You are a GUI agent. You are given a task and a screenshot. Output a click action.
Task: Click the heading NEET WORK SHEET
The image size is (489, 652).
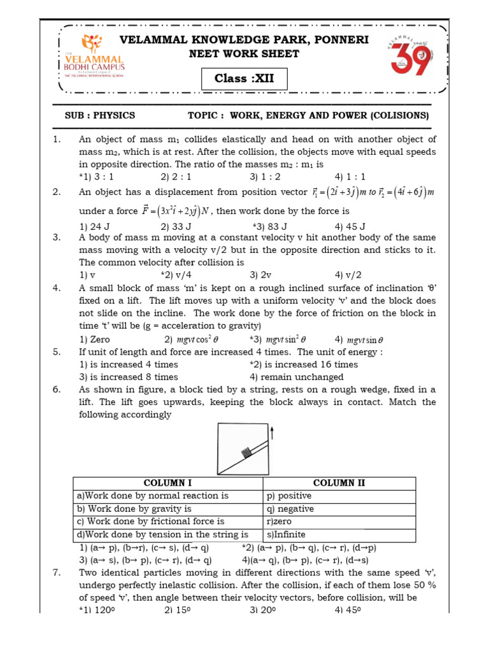pyautogui.click(x=244, y=53)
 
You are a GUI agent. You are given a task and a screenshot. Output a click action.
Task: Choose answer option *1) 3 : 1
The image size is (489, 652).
pyautogui.click(x=96, y=176)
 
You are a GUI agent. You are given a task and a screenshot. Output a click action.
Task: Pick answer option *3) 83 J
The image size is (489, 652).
pyautogui.click(x=270, y=226)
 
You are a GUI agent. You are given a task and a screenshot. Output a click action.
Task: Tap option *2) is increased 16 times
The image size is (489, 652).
pyautogui.click(x=304, y=364)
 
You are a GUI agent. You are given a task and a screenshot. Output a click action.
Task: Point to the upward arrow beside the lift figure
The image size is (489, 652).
pyautogui.click(x=273, y=434)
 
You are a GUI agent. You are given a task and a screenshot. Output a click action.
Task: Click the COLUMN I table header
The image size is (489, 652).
pyautogui.click(x=168, y=483)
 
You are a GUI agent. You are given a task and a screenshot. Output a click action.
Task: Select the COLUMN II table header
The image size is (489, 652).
pyautogui.click(x=339, y=483)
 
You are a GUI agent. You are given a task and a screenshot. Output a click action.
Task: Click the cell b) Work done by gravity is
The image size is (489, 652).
pyautogui.click(x=134, y=509)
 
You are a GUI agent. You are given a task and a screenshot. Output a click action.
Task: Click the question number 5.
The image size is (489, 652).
pyautogui.click(x=57, y=352)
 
